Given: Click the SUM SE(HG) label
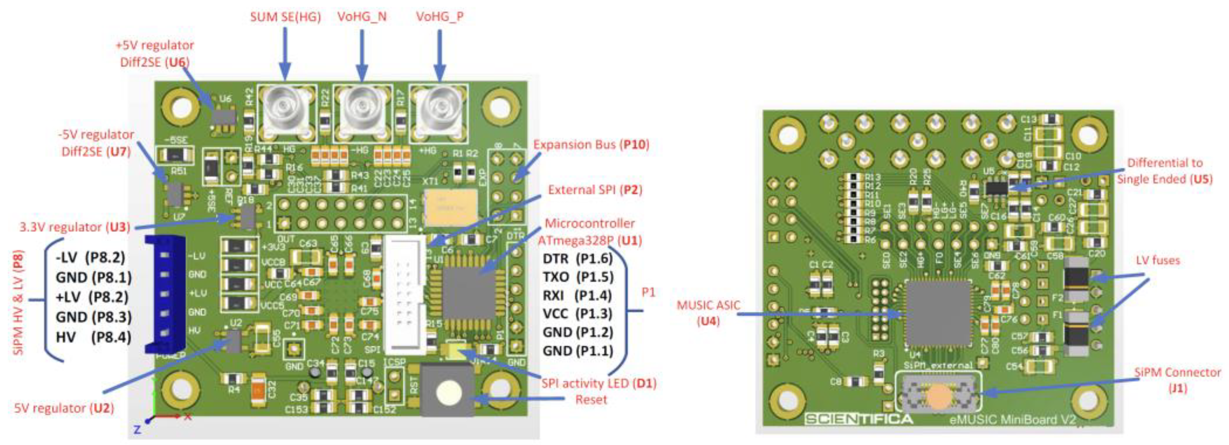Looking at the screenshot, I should coord(285,17).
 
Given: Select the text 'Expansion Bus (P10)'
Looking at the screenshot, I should coord(591,145).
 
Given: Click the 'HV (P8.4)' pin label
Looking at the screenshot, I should coord(93,337).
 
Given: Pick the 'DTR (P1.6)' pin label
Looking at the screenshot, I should coord(577,259).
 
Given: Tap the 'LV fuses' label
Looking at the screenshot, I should coord(1157,260).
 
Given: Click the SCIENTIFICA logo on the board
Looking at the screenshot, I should coord(858,419).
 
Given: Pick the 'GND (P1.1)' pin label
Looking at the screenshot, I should coord(577,351).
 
